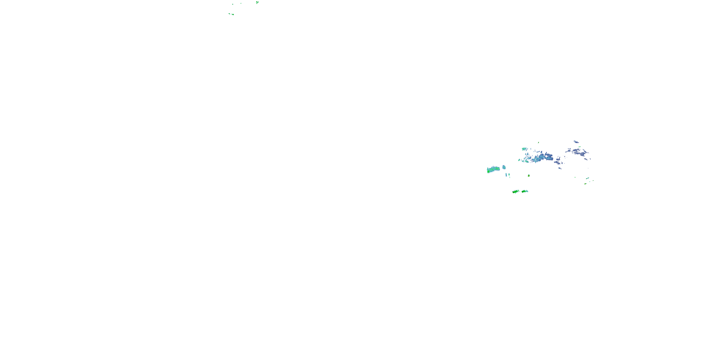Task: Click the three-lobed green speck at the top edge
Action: point(257,2)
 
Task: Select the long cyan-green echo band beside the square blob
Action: point(493,169)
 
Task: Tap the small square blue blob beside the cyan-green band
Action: point(504,167)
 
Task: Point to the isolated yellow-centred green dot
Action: point(528,175)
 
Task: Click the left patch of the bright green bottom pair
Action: point(516,192)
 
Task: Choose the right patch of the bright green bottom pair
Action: point(525,191)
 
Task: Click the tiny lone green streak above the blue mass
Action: point(538,143)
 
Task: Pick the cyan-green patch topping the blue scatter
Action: point(524,149)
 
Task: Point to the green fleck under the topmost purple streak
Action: point(580,146)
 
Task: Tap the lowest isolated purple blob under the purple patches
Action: point(560,168)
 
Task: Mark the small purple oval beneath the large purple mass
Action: point(586,159)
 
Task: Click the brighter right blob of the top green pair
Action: point(232,14)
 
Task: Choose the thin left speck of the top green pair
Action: point(229,13)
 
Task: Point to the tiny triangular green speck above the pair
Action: point(233,4)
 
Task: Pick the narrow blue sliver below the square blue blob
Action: point(506,175)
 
